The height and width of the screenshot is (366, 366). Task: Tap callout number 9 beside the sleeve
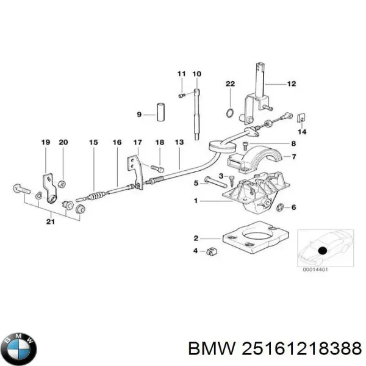point(138,114)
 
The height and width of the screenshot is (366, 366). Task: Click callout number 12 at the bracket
point(291,84)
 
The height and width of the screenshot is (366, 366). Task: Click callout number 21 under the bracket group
point(51,221)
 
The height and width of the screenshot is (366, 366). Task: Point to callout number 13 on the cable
point(179,143)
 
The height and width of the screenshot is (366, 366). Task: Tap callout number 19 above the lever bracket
point(45,143)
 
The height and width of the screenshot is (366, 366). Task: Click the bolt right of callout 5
point(215,182)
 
